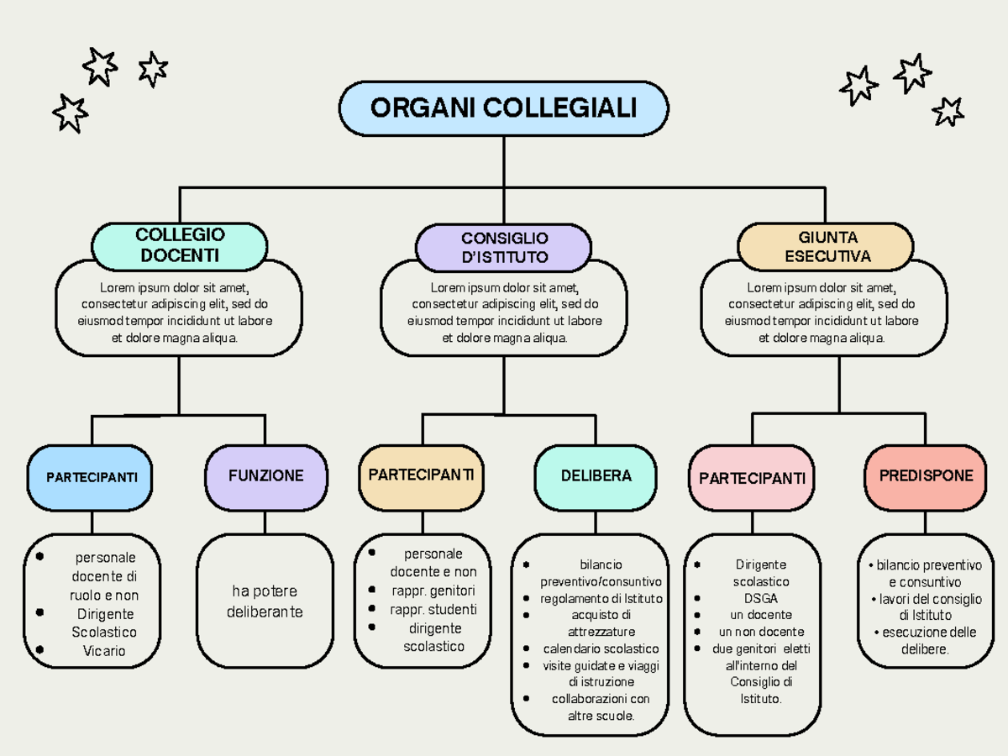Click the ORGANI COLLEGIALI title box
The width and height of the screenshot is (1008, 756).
click(504, 108)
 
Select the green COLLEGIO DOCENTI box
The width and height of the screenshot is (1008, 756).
click(180, 245)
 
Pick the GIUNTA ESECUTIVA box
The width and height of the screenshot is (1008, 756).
click(827, 247)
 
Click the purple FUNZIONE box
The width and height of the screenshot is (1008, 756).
click(265, 476)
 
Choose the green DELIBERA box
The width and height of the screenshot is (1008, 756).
click(596, 476)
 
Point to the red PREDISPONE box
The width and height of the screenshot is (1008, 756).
click(926, 476)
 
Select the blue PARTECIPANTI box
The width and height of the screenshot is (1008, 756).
click(92, 477)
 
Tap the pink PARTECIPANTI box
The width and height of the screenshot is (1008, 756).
click(752, 478)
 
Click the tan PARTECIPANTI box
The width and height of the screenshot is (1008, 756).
click(421, 475)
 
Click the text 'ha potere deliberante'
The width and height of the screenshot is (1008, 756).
click(265, 601)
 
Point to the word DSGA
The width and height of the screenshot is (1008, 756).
click(760, 599)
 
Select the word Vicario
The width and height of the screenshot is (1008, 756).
click(104, 651)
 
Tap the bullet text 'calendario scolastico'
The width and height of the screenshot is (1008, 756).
click(601, 648)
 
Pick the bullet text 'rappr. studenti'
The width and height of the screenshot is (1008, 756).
click(433, 610)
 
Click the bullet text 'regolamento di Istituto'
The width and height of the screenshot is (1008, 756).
click(601, 599)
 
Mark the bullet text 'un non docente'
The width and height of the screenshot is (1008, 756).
click(761, 632)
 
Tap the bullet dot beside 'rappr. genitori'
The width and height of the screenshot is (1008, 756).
click(372, 590)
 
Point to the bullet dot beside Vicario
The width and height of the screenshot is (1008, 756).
click(39, 649)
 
